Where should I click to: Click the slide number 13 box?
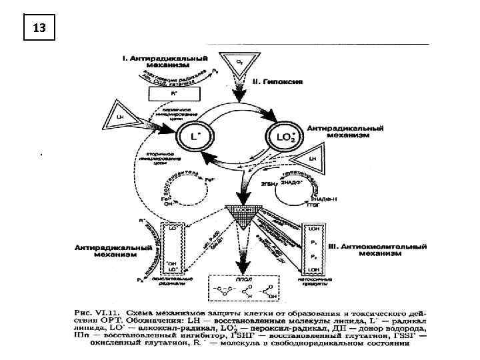(38, 28)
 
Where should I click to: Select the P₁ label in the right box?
(313, 243)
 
